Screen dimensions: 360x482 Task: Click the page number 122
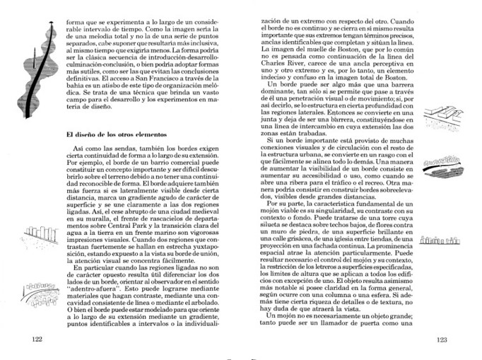coord(40,340)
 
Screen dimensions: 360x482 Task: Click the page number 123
coord(442,340)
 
